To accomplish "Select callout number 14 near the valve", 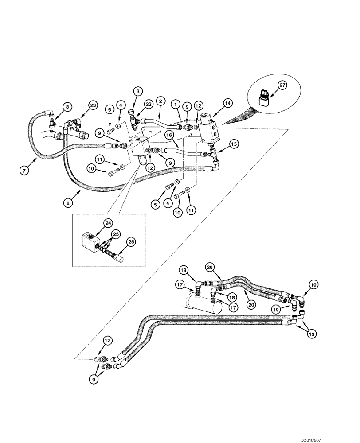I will (227, 103).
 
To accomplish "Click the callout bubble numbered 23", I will (92, 105).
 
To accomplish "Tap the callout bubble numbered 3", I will (137, 91).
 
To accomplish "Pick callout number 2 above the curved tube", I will (160, 101).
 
